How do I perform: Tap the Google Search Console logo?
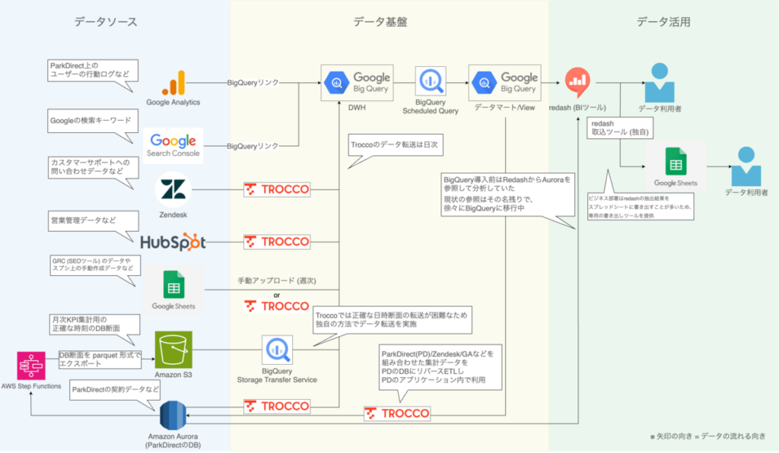tap(174, 144)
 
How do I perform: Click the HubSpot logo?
tap(173, 242)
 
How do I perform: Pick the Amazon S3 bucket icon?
tap(173, 349)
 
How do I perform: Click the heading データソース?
tap(106, 22)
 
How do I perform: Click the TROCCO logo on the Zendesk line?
tap(277, 190)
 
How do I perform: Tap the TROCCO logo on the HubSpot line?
tap(277, 242)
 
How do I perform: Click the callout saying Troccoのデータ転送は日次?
tap(394, 144)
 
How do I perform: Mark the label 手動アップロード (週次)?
tap(276, 280)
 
